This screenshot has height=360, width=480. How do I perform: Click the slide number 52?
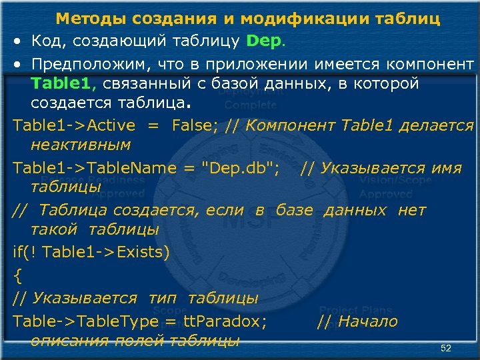coord(446,349)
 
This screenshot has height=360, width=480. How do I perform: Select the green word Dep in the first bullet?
coord(263,41)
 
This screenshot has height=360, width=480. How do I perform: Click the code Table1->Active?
coord(73,125)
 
